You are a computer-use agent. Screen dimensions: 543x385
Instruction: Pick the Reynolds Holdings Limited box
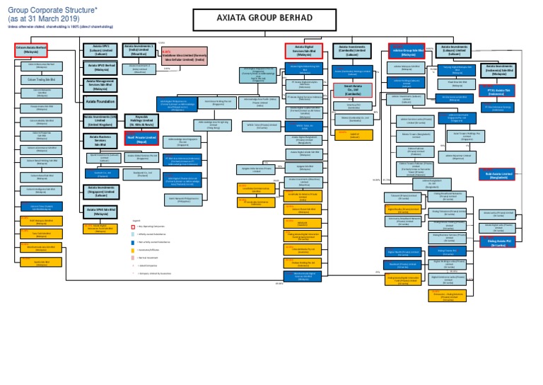point(141,120)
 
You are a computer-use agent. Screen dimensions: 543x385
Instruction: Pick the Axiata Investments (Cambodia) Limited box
point(352,50)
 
